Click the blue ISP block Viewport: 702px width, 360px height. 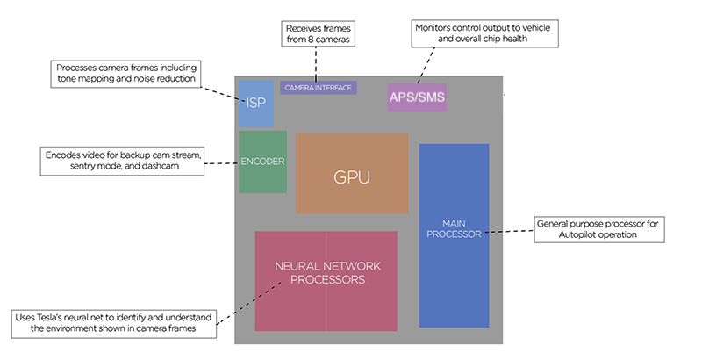255,102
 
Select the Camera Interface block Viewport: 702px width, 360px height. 318,88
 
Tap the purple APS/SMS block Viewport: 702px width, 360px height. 417,96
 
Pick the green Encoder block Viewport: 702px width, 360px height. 262,162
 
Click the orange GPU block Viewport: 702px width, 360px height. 352,174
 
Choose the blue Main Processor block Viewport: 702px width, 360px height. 454,234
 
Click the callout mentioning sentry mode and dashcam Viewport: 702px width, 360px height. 123,161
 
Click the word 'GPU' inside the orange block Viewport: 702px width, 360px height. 352,176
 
